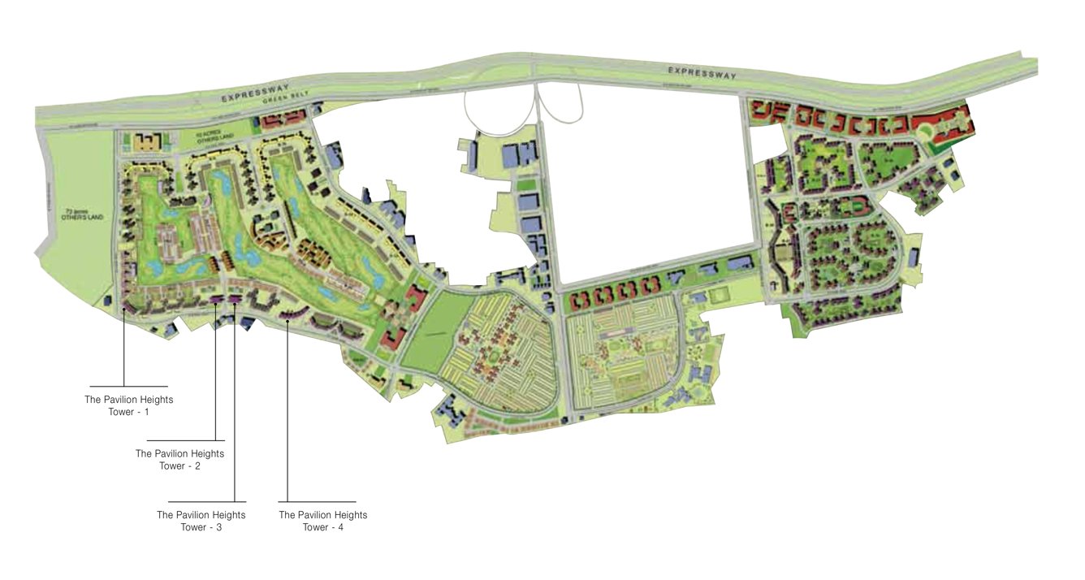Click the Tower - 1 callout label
pos(128,405)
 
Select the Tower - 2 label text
pos(179,459)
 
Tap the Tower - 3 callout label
pos(201,521)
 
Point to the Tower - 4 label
pos(322,521)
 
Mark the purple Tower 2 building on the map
pos(216,300)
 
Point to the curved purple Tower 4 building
pos(289,313)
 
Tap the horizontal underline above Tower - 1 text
pos(128,386)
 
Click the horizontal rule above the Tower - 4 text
pos(317,501)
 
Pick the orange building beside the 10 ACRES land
pos(149,143)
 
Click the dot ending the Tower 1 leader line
pos(123,309)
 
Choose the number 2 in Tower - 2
pos(197,465)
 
